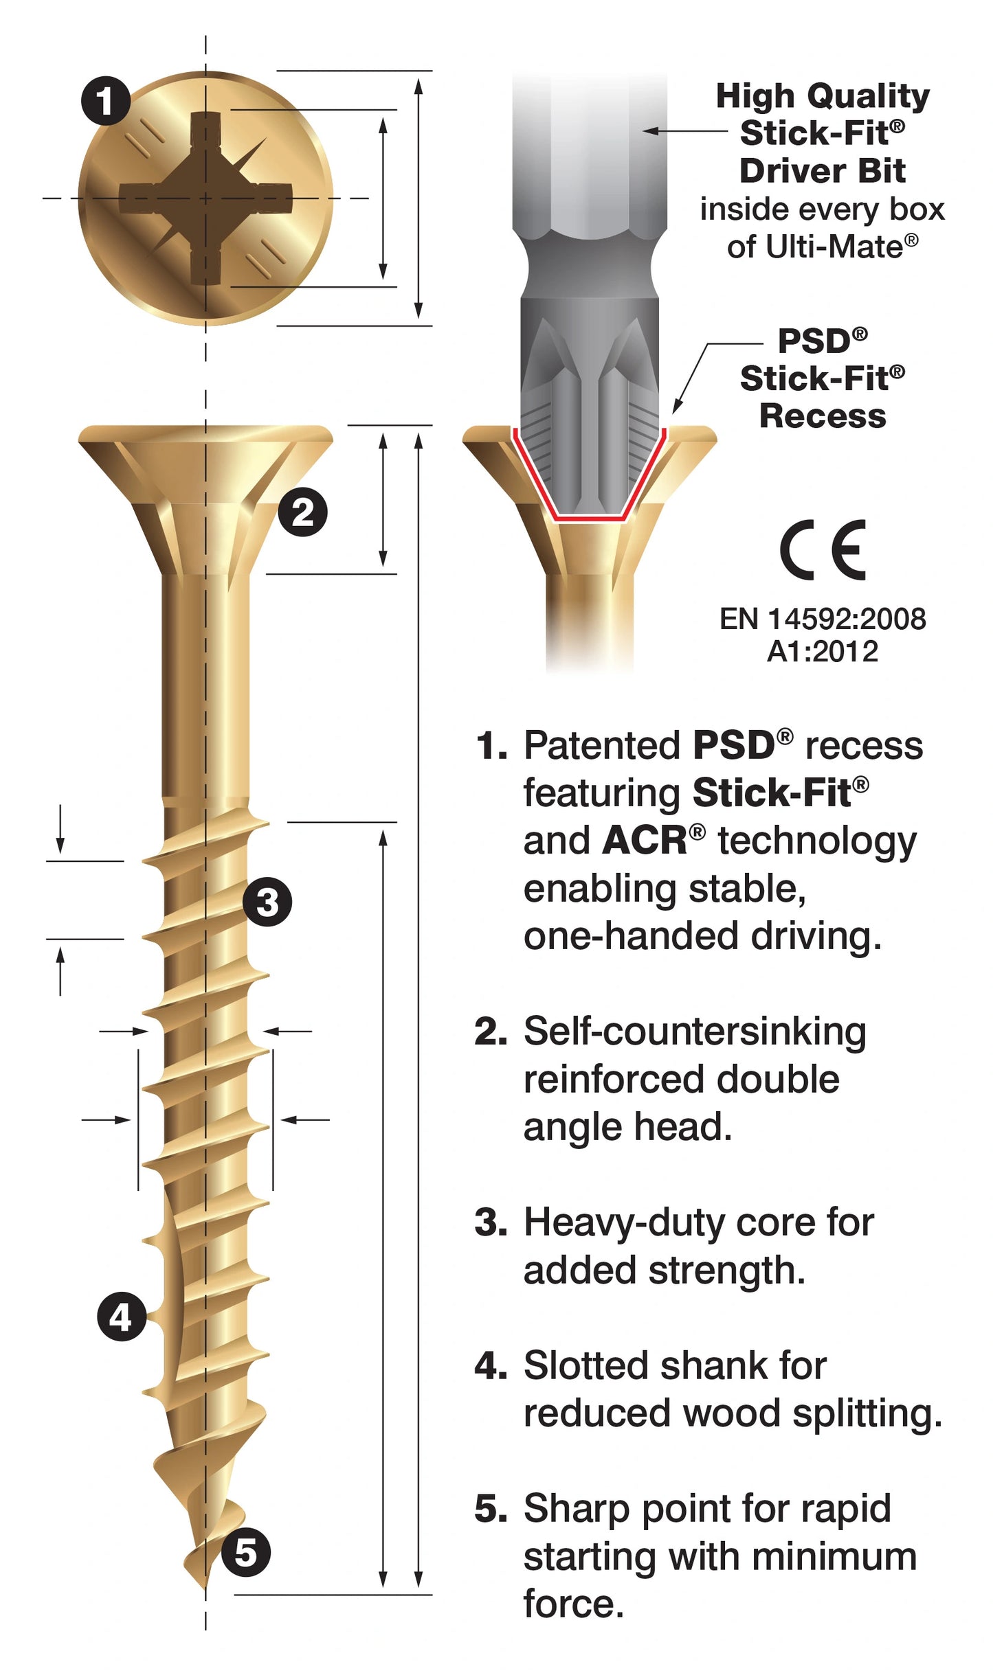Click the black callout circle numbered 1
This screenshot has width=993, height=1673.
106,101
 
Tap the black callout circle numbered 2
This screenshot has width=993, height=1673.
302,512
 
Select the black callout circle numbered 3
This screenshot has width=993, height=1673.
267,902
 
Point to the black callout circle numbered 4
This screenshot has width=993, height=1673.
122,1317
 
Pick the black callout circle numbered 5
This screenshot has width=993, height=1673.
245,1552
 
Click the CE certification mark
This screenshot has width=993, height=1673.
823,550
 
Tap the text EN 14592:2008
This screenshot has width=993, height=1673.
823,619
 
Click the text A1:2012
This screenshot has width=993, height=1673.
823,652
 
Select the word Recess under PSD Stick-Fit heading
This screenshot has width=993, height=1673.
823,416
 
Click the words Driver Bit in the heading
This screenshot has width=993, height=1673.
823,171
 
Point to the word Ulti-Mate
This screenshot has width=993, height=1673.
815,247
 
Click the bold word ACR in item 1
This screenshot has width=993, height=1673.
644,841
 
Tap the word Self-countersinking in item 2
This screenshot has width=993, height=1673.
695,1032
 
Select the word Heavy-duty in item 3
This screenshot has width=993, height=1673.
623,1222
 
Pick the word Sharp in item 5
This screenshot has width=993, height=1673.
576,1509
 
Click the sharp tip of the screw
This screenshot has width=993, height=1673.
205,1588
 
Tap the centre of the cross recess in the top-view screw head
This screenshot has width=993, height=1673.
205,198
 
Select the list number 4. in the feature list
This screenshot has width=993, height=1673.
491,1365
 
